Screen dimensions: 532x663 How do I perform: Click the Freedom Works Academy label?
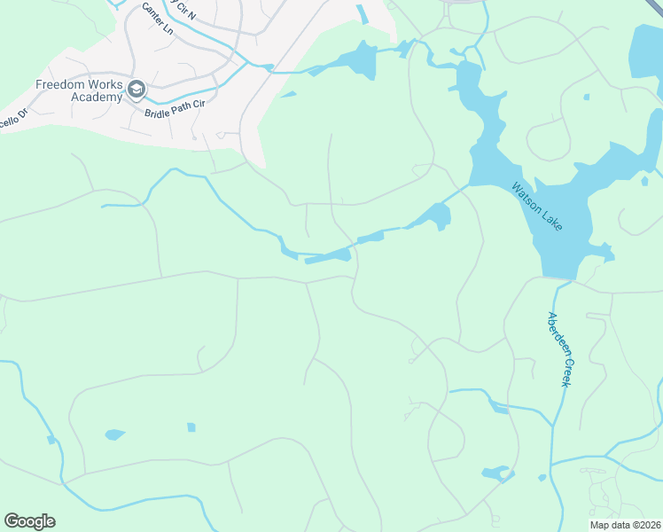point(78,90)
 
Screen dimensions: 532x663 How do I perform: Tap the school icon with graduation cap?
point(136,89)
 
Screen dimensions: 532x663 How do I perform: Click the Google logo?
point(29,521)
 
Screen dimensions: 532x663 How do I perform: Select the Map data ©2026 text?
point(625,525)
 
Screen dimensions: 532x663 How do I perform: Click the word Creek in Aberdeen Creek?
point(564,372)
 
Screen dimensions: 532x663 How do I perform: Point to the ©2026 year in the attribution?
point(643,525)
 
